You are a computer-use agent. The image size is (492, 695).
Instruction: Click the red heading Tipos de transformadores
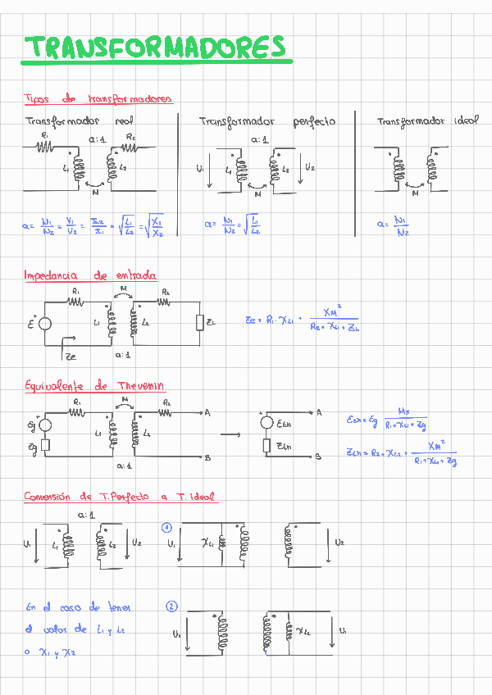98,99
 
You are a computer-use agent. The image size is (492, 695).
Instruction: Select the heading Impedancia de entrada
90,276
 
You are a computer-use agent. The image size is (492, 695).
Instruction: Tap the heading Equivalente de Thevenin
94,386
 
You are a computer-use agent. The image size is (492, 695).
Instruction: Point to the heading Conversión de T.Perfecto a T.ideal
119,497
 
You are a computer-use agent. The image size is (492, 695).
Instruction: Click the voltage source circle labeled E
45,324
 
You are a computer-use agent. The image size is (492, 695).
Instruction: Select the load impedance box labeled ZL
200,323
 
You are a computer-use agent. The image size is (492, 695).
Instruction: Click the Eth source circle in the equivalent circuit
266,424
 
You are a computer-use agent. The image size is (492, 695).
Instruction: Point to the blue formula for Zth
402,452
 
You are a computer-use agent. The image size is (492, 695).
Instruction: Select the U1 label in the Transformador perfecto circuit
201,170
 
